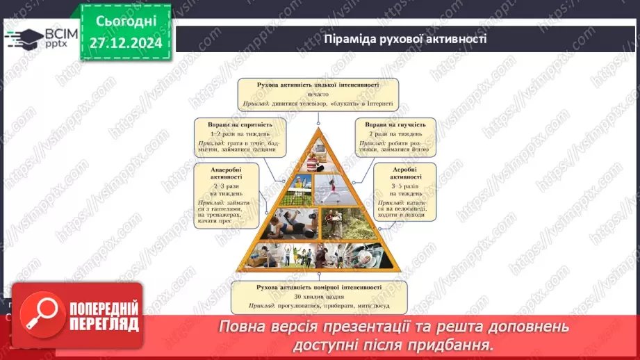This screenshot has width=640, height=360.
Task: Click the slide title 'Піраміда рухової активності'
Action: (x=404, y=39)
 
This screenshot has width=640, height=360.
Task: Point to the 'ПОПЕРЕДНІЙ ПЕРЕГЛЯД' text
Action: (x=104, y=317)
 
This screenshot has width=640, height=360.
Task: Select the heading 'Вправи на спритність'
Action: (x=240, y=124)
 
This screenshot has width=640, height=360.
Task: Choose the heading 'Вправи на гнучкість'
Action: (x=395, y=124)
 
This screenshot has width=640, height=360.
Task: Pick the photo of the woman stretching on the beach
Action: (x=335, y=188)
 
